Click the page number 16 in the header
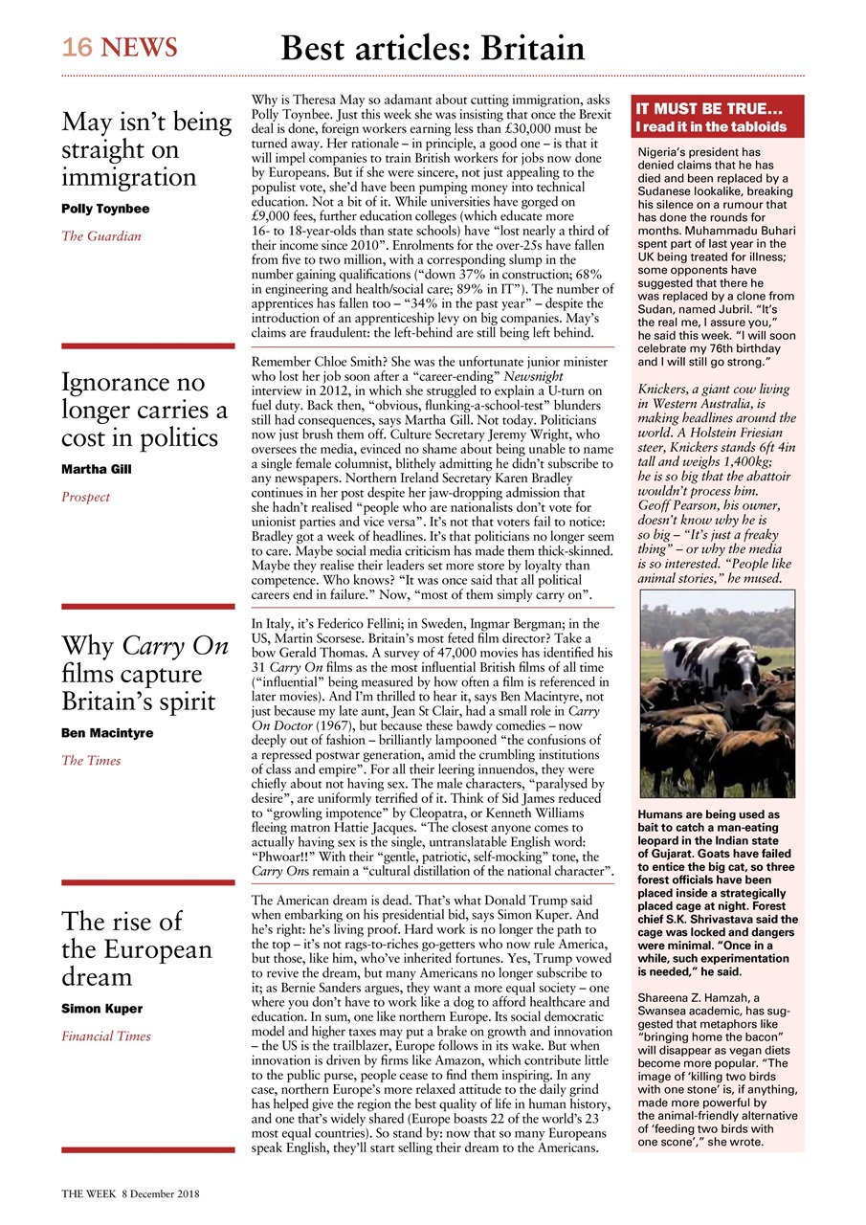point(77,48)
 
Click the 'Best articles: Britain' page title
point(432,47)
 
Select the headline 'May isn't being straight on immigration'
point(146,149)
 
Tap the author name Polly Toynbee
point(105,209)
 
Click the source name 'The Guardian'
point(101,235)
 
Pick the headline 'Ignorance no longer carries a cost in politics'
point(144,410)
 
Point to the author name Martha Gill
point(97,470)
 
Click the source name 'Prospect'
point(86,497)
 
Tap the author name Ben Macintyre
point(107,733)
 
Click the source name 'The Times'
point(91,761)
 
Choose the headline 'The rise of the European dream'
point(137,948)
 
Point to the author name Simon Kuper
point(101,1009)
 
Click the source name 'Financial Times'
point(106,1036)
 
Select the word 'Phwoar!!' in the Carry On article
point(283,857)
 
